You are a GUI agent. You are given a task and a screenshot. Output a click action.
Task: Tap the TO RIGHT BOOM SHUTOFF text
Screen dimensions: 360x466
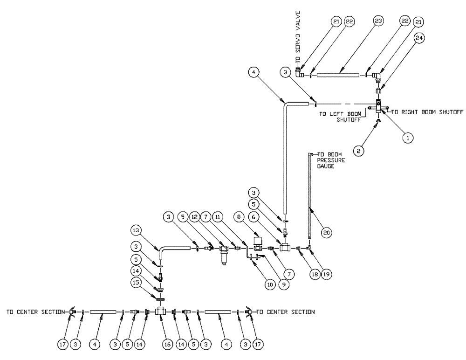click(x=427, y=112)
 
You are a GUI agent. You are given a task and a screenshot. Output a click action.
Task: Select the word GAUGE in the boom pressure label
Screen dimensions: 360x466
click(x=326, y=166)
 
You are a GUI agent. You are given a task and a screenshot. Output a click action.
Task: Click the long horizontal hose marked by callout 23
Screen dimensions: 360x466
click(x=339, y=75)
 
